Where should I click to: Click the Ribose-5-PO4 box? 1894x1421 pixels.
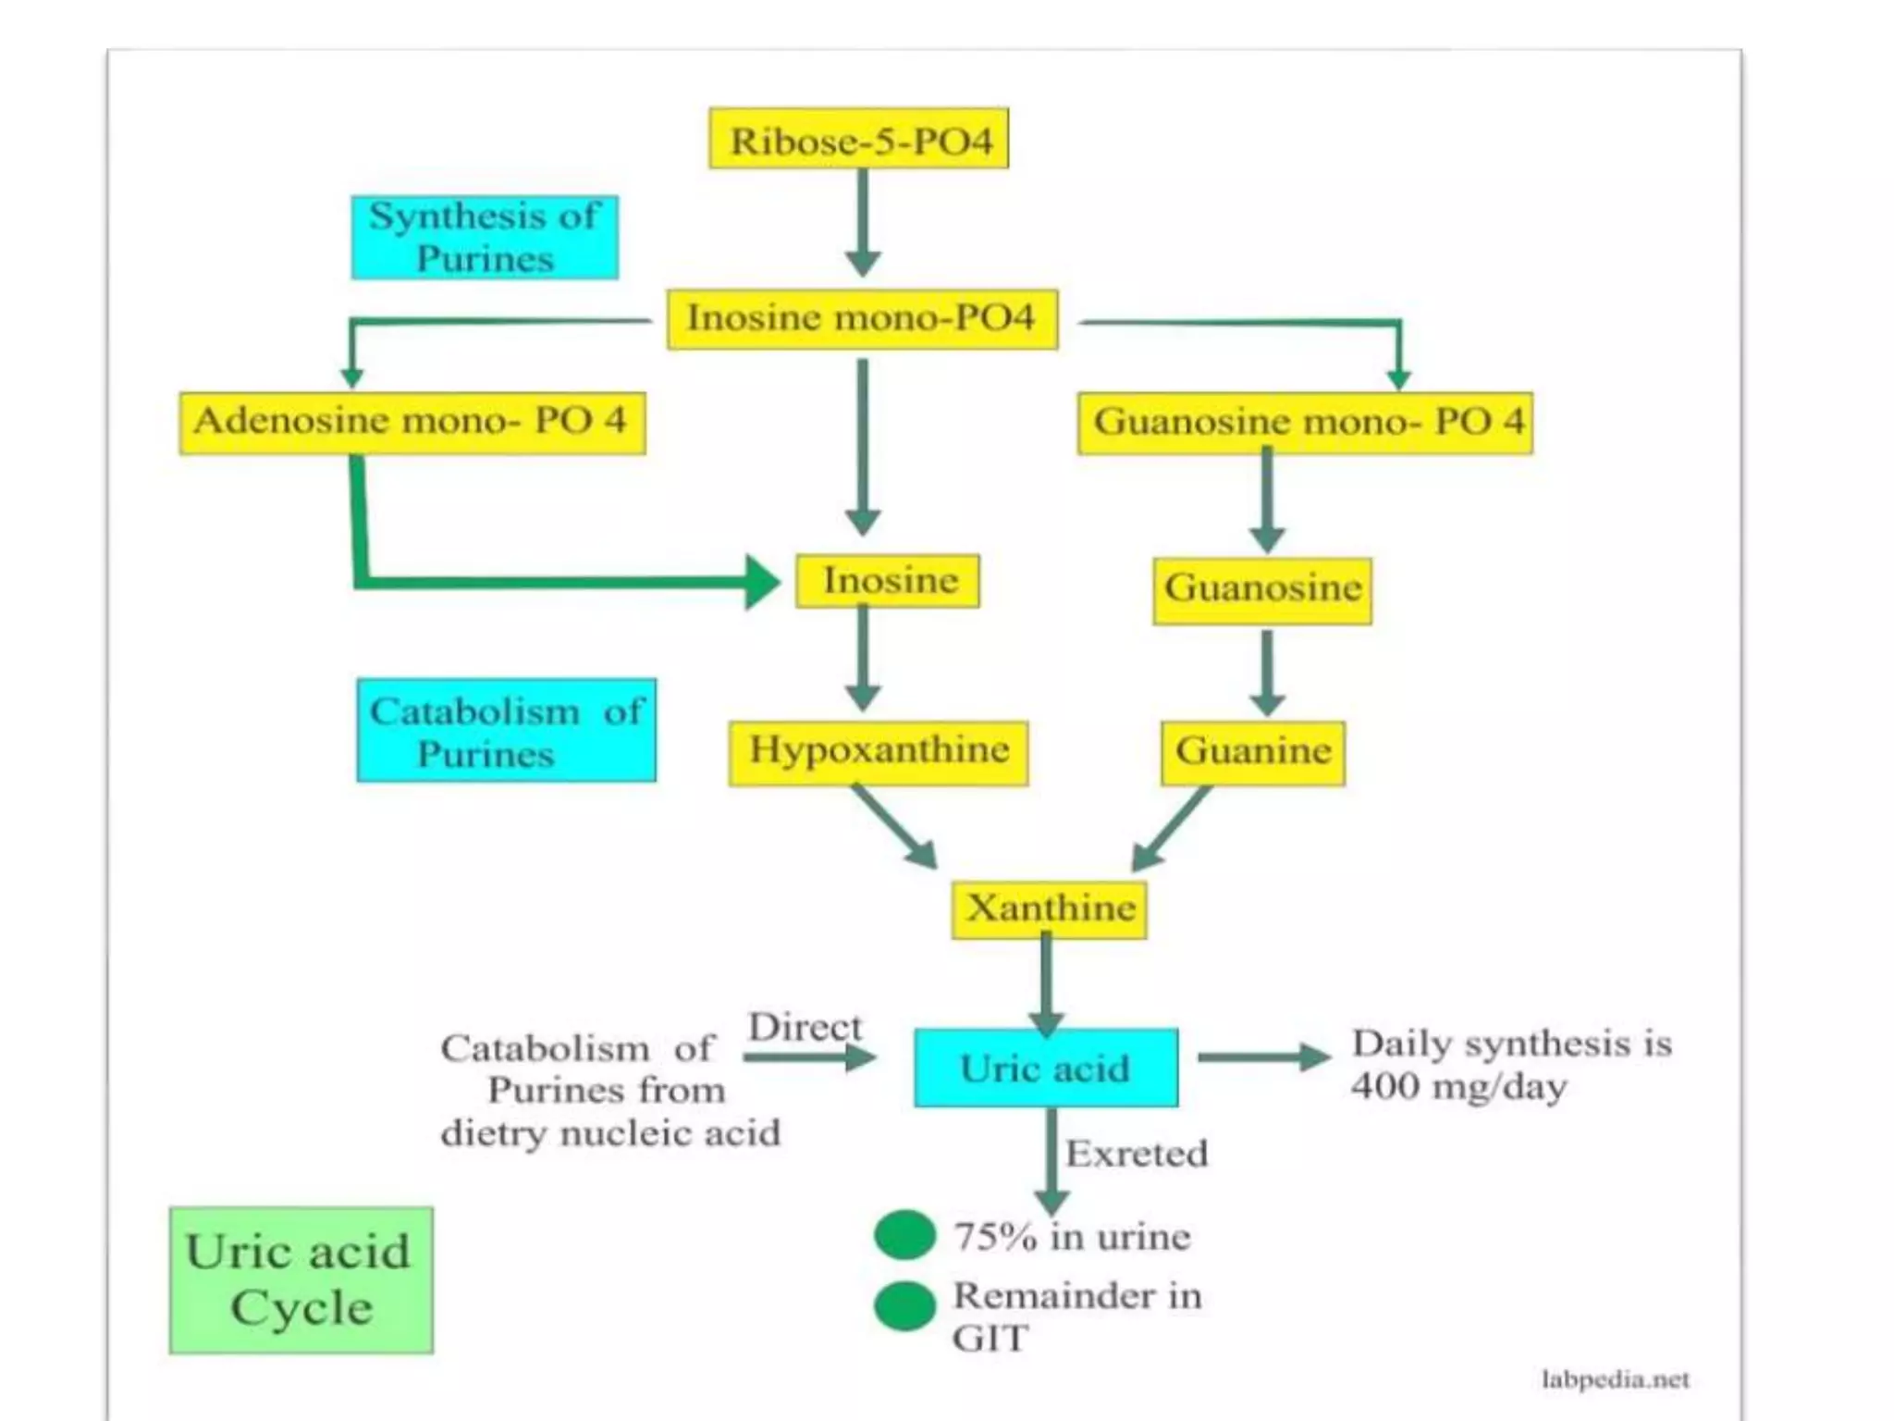click(858, 139)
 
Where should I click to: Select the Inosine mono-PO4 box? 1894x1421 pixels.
click(862, 319)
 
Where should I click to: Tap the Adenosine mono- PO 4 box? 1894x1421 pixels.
click(412, 423)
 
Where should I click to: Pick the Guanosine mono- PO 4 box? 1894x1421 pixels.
click(1305, 423)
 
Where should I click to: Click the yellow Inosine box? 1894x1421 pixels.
click(888, 581)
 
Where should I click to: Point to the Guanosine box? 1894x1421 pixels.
click(1262, 589)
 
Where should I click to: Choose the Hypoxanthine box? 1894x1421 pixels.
click(878, 752)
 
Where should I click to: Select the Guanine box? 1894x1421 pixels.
click(1253, 752)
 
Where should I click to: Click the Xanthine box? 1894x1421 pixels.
click(1050, 909)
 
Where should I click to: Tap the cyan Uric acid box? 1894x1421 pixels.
click(1046, 1069)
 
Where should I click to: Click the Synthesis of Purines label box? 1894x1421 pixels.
click(485, 238)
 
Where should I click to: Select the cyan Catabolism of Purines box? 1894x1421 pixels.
click(507, 731)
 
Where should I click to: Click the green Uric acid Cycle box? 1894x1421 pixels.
click(301, 1280)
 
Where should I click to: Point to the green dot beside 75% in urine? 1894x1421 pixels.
click(904, 1235)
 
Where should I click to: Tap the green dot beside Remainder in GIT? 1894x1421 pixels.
click(904, 1305)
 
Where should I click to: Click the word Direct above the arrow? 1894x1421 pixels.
click(804, 1027)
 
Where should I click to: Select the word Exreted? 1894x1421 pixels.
click(1137, 1154)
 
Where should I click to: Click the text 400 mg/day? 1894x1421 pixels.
click(1458, 1086)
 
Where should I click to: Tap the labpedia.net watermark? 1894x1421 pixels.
click(1615, 1379)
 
